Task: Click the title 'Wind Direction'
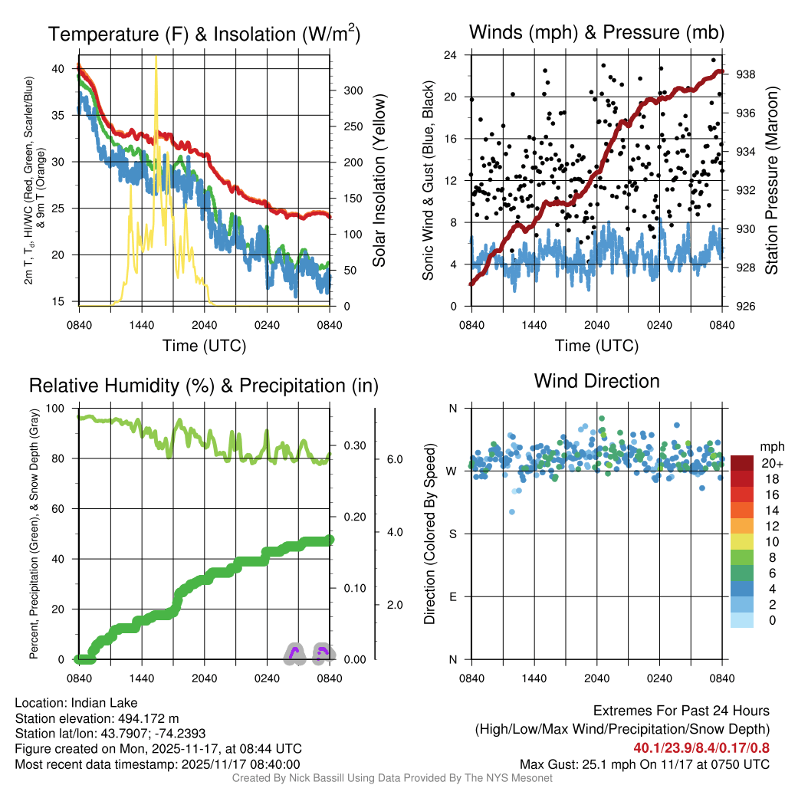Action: click(596, 381)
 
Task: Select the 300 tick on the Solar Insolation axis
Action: click(353, 90)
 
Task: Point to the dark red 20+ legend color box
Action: click(743, 463)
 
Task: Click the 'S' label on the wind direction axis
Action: click(452, 534)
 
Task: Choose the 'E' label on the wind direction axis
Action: click(452, 596)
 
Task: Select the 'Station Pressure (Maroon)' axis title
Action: click(771, 181)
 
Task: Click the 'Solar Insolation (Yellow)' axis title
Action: click(379, 181)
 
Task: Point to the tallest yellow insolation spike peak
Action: click(156, 58)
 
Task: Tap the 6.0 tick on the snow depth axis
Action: click(394, 459)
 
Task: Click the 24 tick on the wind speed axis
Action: click(451, 55)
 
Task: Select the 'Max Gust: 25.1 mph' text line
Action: click(644, 764)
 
